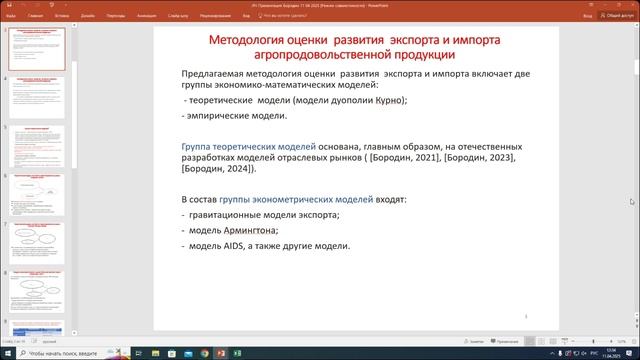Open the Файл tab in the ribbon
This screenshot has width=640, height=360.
point(9,16)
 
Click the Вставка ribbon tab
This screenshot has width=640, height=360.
point(63,16)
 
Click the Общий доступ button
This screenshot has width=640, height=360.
point(611,16)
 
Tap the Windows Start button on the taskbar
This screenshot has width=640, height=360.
point(7,352)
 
